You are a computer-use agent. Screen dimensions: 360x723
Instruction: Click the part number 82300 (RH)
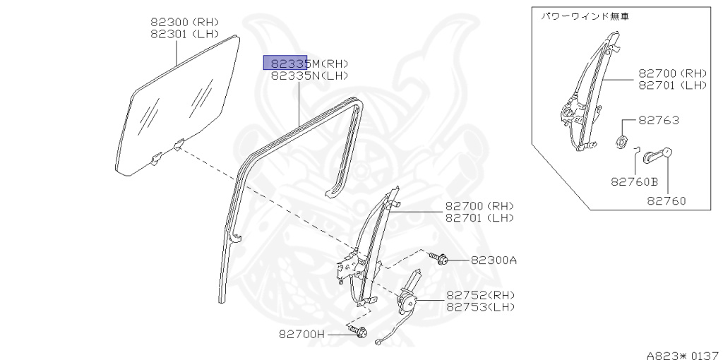pos(184,22)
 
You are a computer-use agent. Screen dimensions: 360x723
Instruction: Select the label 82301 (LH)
pos(184,34)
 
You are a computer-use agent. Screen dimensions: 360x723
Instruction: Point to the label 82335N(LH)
pos(309,76)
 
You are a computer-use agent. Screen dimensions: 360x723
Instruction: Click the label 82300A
pos(494,260)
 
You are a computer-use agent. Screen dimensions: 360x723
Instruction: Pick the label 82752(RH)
pos(480,295)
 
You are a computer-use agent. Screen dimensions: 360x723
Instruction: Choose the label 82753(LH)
pos(480,307)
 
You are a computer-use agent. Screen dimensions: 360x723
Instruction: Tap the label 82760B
pos(634,181)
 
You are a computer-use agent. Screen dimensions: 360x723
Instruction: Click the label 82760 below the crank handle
pos(666,201)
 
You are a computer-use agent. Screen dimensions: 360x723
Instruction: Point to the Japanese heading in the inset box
pos(585,16)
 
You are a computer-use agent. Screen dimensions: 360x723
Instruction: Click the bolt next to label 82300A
pos(443,260)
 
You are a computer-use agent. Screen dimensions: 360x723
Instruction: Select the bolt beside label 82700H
pos(359,332)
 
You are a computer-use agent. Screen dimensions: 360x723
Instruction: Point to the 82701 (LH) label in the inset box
pos(672,85)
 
